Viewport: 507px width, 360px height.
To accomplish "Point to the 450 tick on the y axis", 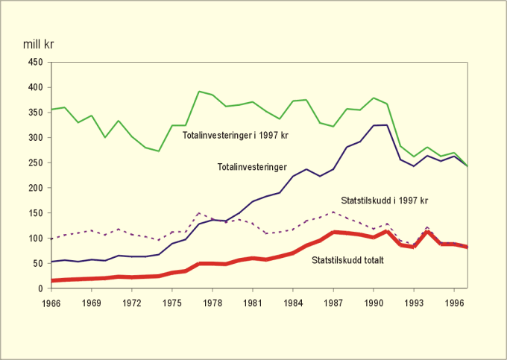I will [x=35, y=63].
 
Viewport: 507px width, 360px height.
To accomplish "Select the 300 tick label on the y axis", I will [x=35, y=138].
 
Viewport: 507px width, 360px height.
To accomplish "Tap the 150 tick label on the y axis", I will [x=35, y=213].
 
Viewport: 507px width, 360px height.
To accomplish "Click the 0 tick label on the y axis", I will [x=40, y=288].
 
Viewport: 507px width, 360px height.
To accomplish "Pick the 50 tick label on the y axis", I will [x=37, y=263].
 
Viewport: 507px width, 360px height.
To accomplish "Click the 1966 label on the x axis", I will [x=51, y=303].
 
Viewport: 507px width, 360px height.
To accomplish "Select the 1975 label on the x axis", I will [x=171, y=303].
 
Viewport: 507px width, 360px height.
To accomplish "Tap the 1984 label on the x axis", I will [x=292, y=303].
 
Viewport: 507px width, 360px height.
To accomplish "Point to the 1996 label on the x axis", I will [x=453, y=303].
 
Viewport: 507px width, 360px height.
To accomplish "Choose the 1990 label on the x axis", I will [x=373, y=303].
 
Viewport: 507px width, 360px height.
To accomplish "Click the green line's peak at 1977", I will [x=199, y=92].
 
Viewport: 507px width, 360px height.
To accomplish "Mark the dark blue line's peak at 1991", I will [x=387, y=124].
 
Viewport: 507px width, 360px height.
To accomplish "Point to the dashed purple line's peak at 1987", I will [x=333, y=212].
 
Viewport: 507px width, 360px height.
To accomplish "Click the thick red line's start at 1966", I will [x=51, y=280].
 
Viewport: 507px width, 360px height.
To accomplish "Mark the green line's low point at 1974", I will [x=159, y=151].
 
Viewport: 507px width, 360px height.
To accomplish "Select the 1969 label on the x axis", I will [x=91, y=303].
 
